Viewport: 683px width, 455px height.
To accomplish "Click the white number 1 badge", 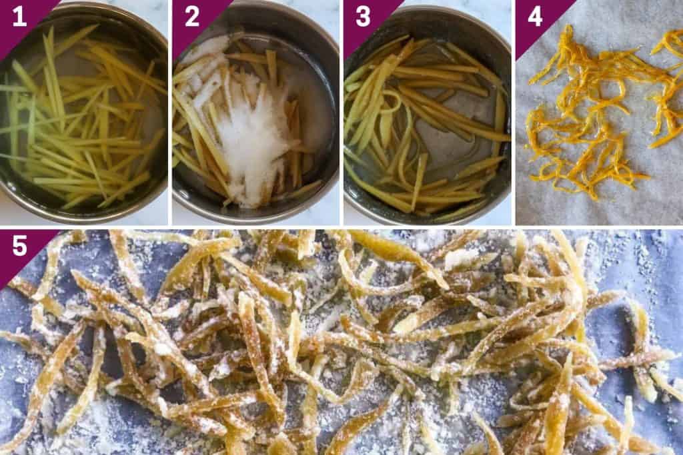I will coord(19,17).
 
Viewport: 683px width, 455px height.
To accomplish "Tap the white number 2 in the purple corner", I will coord(191,17).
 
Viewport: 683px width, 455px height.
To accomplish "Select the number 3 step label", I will coord(363,17).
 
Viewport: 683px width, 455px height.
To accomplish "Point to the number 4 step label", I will coord(535,17).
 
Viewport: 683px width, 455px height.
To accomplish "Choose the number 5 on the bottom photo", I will coord(19,246).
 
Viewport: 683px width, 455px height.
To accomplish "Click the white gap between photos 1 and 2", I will coord(170,113).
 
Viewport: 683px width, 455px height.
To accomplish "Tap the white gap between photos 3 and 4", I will coord(514,113).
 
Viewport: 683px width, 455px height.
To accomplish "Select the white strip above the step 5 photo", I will coord(341,227).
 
